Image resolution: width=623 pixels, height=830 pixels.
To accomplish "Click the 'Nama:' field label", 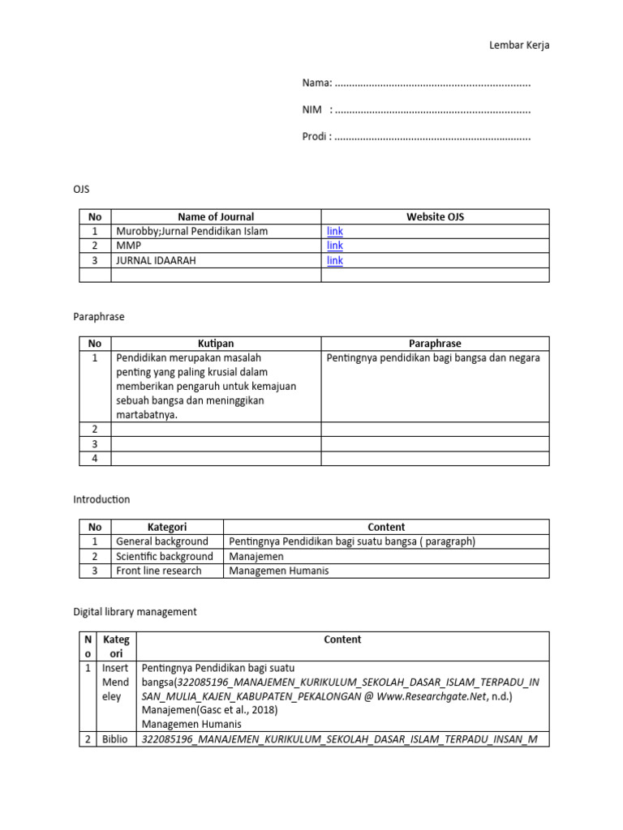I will pos(317,83).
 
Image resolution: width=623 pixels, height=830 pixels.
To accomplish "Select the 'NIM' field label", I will pos(312,109).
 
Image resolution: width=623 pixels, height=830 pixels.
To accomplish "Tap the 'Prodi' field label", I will pos(316,136).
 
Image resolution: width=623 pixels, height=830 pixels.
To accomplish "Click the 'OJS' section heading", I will pos(81,189).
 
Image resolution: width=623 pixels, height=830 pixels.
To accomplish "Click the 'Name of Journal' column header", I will pos(216,216).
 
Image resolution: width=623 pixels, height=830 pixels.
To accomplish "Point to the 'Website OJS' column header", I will pos(435,216).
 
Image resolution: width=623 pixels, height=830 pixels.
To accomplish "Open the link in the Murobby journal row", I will pos(334,231).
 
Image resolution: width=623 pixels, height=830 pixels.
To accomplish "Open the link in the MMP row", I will pos(334,246).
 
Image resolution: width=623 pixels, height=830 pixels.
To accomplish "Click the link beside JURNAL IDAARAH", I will pos(334,260).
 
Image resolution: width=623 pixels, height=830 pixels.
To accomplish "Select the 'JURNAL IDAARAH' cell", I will pos(156,260).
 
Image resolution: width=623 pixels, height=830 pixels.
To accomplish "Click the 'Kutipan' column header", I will pos(216,344).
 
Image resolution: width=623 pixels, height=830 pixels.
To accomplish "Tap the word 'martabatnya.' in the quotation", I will pos(147,415).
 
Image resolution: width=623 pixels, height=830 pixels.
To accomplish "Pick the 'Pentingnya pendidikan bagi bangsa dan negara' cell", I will pos(432,357).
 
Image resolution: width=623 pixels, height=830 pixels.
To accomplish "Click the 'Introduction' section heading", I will pos(101,499).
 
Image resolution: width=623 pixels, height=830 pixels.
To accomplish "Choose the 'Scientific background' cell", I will pos(165,556).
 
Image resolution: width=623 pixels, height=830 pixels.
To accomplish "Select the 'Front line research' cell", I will pos(158,571).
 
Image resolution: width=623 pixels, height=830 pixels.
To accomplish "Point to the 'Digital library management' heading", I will pos(135,612).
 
